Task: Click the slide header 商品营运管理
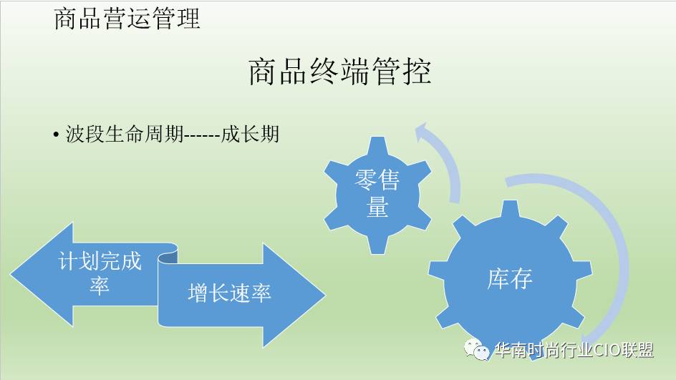[x=127, y=19]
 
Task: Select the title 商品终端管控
[x=339, y=72]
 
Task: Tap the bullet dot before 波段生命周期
[x=56, y=135]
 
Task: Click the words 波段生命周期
[x=125, y=134]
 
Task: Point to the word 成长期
[x=250, y=134]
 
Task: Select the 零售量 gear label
[x=377, y=193]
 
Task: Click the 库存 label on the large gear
[x=510, y=279]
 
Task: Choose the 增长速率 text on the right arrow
[x=229, y=293]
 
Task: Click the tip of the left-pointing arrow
[x=11, y=275]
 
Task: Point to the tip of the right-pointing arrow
[x=324, y=295]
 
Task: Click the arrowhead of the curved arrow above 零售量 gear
[x=422, y=132]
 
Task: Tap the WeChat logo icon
[x=476, y=349]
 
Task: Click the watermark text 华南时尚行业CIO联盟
[x=574, y=350]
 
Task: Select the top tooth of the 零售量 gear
[x=377, y=145]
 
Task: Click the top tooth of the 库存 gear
[x=511, y=210]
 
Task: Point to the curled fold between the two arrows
[x=168, y=258]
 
